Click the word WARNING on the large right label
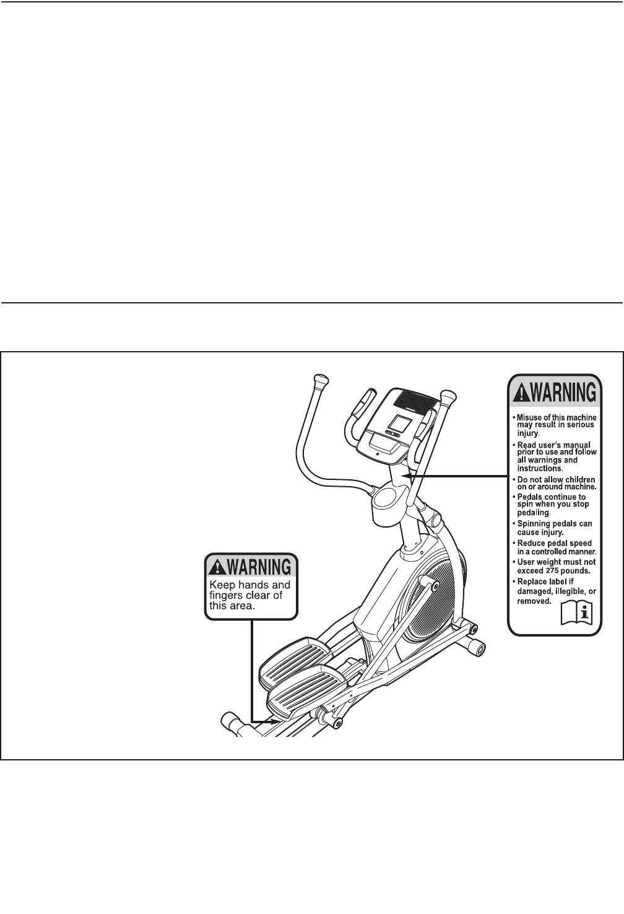tap(563, 393)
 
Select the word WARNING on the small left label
tap(259, 567)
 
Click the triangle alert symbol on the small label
tap(217, 567)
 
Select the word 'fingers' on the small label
tap(225, 596)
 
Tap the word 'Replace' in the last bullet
tap(532, 581)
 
